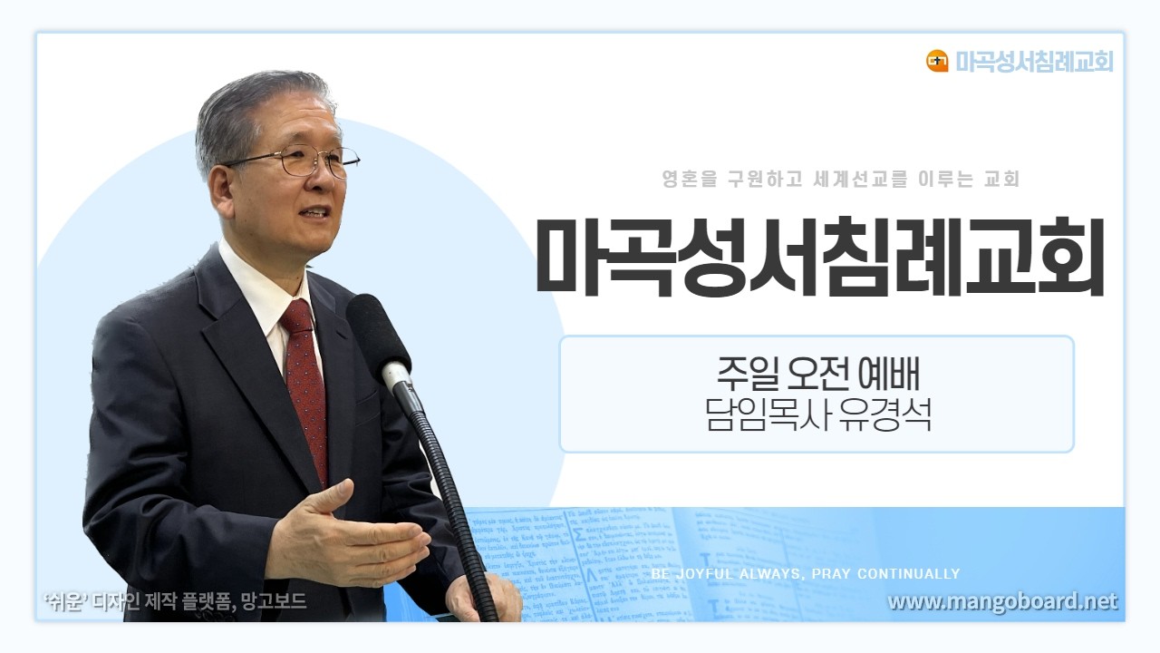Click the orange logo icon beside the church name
point(937,61)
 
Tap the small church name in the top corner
point(1034,61)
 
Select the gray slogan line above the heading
point(841,180)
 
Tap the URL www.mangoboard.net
point(1002,601)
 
